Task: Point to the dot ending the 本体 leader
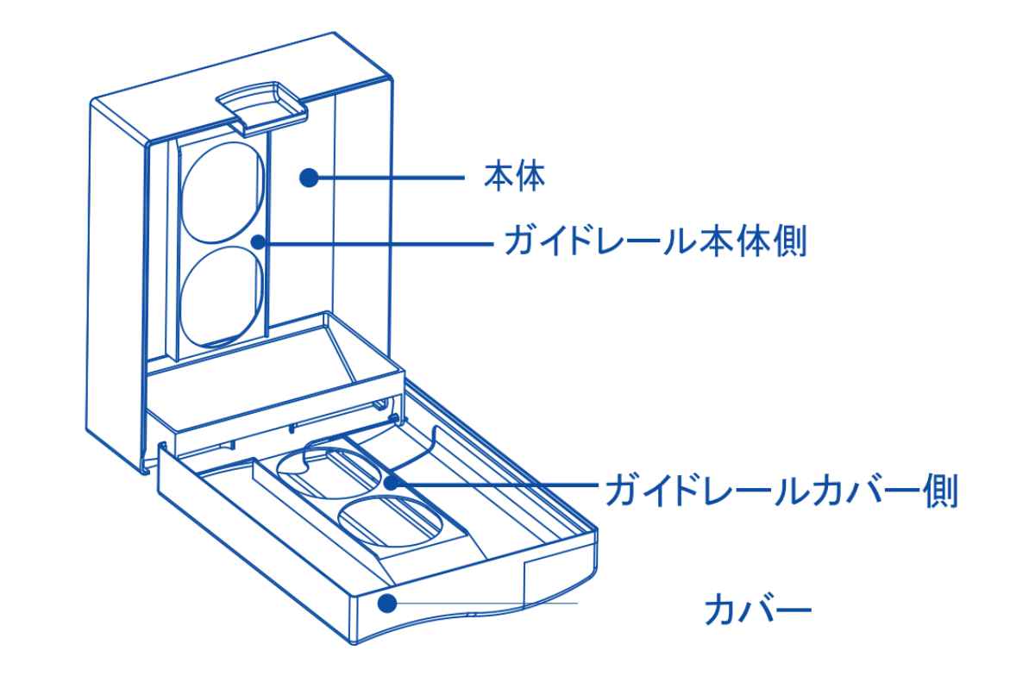coord(309,178)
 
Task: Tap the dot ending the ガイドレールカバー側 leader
coord(393,482)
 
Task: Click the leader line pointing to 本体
coord(388,178)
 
